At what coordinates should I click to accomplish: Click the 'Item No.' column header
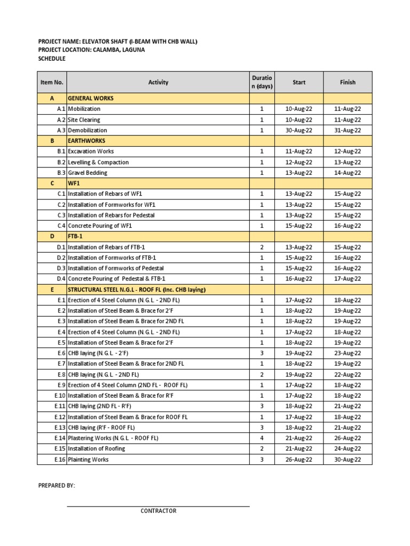click(52, 82)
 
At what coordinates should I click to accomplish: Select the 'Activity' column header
click(158, 82)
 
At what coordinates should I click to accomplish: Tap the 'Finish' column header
click(348, 82)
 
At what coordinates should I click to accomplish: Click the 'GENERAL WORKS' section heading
click(91, 98)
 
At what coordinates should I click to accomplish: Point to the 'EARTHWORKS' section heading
click(86, 141)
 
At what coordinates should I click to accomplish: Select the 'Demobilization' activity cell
click(88, 130)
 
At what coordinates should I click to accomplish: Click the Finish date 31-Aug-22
click(348, 130)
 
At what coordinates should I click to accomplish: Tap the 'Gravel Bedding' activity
click(88, 173)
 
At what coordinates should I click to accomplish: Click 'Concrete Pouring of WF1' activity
click(100, 226)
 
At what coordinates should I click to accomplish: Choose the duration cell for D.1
click(262, 247)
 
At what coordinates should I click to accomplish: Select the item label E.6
click(60, 353)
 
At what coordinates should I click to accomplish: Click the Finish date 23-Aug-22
click(348, 353)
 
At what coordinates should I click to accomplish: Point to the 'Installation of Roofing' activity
click(97, 448)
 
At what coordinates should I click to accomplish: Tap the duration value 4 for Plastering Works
click(262, 438)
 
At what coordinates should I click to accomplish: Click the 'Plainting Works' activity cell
click(89, 459)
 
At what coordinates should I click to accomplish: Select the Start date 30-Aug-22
click(299, 130)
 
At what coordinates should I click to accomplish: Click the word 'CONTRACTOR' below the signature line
click(158, 511)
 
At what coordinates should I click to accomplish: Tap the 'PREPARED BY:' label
click(57, 486)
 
